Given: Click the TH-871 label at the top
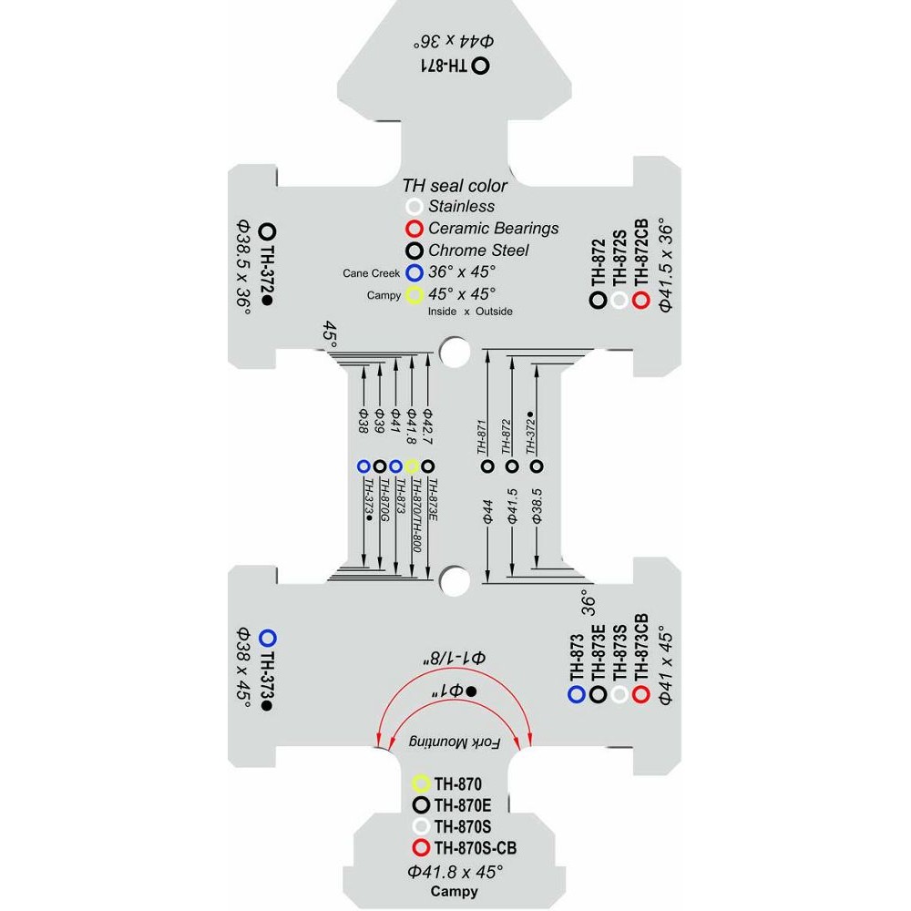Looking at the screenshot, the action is (444, 66).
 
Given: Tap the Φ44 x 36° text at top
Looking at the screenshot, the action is (453, 41).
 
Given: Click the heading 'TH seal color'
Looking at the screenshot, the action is (455, 186).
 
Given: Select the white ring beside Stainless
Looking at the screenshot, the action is (414, 207).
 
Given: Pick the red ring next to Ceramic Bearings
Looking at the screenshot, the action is (414, 229).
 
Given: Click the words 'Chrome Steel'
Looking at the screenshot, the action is (478, 251).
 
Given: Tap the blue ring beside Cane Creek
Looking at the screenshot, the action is (414, 272).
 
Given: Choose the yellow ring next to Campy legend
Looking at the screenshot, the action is (414, 295).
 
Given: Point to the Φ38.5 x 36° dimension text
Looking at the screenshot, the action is (243, 267).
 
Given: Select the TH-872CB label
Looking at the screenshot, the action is (641, 252).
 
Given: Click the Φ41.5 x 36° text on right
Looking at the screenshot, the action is (666, 265).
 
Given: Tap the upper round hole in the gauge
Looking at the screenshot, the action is (455, 352).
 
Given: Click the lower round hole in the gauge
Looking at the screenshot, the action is (455, 580).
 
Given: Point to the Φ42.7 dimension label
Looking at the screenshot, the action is (427, 426).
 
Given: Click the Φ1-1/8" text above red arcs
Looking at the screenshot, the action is (455, 659).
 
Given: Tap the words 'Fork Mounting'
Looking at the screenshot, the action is (455, 742).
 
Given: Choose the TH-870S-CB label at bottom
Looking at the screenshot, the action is (476, 848).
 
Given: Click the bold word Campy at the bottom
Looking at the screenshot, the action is (455, 891).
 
